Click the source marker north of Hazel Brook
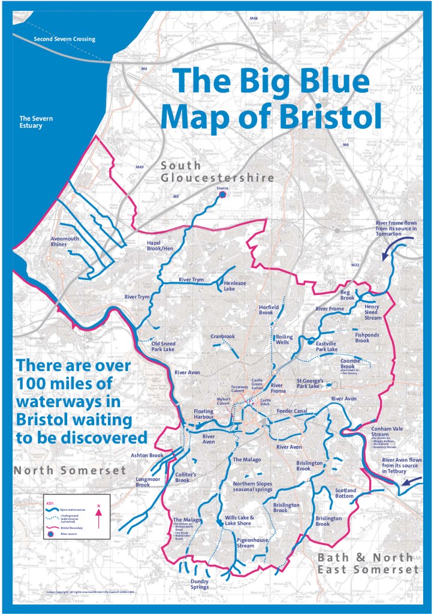point(222,194)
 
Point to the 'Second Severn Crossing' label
point(65,40)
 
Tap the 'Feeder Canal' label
point(292,411)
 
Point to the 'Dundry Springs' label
point(200,584)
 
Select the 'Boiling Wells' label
point(284,339)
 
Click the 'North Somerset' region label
point(70,470)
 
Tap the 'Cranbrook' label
point(222,336)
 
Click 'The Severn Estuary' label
point(36,122)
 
